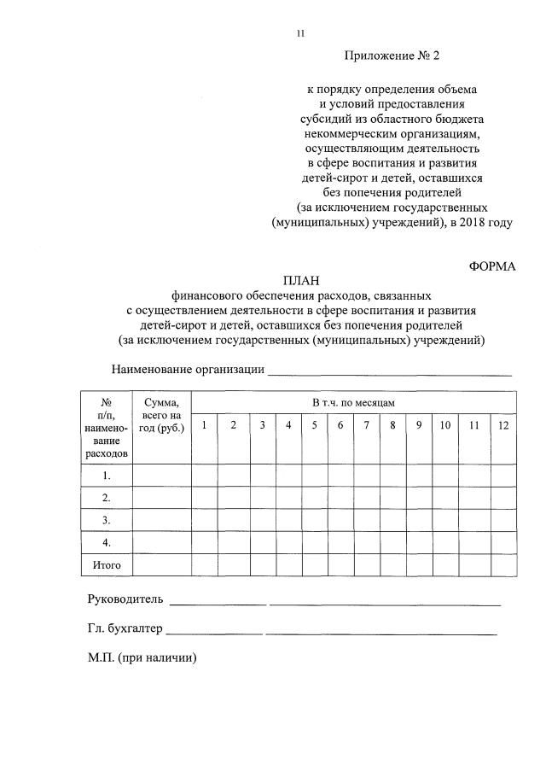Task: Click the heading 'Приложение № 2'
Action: pos(393,56)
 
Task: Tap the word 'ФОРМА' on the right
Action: pos(492,266)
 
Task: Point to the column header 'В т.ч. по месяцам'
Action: pos(353,401)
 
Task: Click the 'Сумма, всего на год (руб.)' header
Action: pos(161,414)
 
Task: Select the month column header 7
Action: pos(366,425)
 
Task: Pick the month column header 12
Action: pos(502,425)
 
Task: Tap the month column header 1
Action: pos(204,425)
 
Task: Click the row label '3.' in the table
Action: pos(107,520)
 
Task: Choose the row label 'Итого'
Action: pos(107,565)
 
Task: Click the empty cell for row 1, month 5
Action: pos(315,476)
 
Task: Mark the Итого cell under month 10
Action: pos(445,565)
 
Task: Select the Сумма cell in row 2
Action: pos(161,498)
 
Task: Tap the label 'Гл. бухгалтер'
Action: pos(123,629)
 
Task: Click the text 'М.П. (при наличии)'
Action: pos(142,658)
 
